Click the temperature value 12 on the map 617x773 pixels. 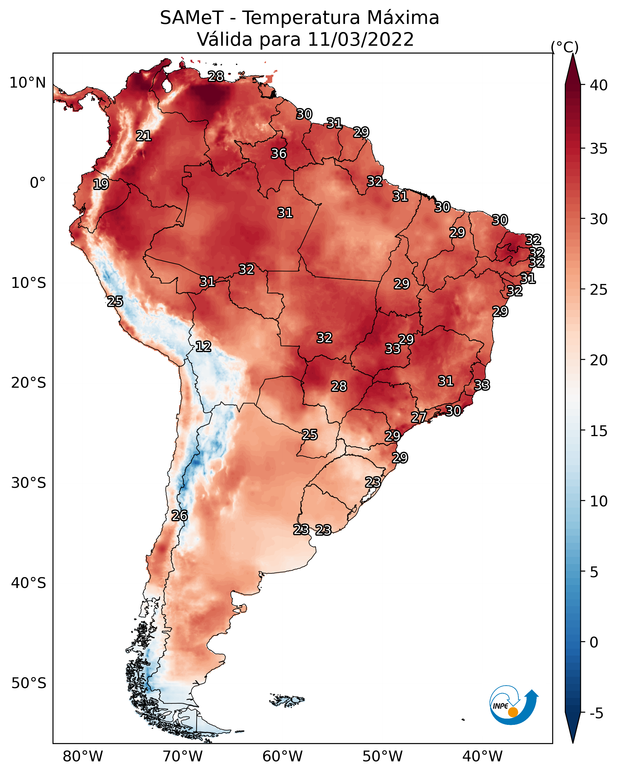tap(203, 346)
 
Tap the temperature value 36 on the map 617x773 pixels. tap(279, 153)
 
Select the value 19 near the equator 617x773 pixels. tap(101, 184)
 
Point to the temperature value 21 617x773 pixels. tap(144, 136)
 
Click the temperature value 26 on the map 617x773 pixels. tap(179, 516)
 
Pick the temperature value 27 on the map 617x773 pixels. tap(418, 417)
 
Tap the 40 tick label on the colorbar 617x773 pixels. tap(599, 85)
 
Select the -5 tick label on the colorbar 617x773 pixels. tap(597, 714)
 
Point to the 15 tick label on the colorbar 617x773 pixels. tap(599, 431)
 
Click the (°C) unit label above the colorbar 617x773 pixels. tap(565, 47)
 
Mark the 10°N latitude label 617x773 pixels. tap(27, 83)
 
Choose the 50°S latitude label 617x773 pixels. tap(29, 683)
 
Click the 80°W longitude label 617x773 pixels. tap(83, 757)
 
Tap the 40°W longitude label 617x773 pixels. tap(482, 757)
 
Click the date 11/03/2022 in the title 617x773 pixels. tap(361, 39)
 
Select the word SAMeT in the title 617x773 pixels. tap(192, 18)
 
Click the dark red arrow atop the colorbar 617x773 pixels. tap(573, 70)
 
